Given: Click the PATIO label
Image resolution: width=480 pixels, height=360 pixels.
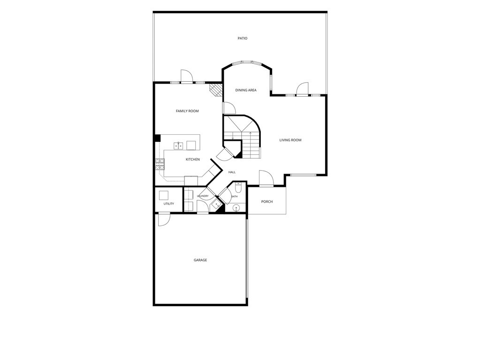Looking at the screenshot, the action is click(x=243, y=38).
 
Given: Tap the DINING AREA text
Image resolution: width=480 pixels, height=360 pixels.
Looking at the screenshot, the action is click(x=246, y=90).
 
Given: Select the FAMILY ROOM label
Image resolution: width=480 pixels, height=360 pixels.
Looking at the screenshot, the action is click(x=187, y=111).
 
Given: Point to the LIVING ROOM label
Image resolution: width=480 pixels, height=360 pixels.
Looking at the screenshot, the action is click(x=290, y=140).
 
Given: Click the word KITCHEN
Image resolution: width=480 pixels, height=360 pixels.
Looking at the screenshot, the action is click(x=193, y=160).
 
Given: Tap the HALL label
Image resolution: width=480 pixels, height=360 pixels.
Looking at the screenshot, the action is click(x=232, y=172).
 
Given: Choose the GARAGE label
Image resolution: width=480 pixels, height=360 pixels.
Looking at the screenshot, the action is click(x=200, y=260).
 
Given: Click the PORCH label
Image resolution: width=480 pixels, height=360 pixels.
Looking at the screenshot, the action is click(x=267, y=202).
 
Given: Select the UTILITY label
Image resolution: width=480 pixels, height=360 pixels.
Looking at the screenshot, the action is click(x=168, y=204).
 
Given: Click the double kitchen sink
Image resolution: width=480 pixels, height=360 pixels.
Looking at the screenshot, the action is click(x=178, y=146).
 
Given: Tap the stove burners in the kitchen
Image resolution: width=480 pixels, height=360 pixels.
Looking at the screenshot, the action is click(x=160, y=164).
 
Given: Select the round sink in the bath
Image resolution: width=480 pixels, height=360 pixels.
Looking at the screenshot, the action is click(x=236, y=208).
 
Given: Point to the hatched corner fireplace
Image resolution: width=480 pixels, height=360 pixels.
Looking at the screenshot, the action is click(x=216, y=90).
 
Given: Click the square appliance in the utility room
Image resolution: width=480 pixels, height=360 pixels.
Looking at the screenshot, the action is click(x=164, y=195).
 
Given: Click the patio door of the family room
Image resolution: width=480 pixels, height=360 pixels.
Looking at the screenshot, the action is click(x=186, y=76).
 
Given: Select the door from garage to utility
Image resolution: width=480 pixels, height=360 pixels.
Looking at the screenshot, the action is click(x=164, y=220).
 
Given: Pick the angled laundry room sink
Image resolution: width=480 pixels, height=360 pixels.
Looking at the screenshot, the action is click(x=217, y=204).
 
